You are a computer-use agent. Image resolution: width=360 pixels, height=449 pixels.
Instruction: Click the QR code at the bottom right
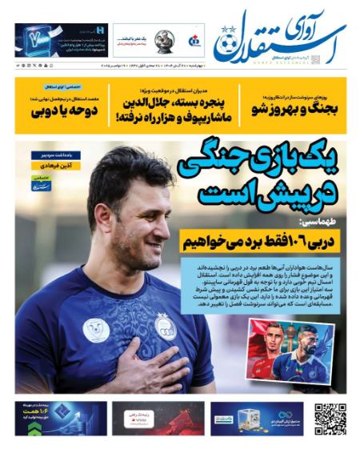pyautogui.click(x=330, y=418)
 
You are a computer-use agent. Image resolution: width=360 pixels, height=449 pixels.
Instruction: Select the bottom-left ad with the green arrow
pyautogui.click(x=61, y=418)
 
